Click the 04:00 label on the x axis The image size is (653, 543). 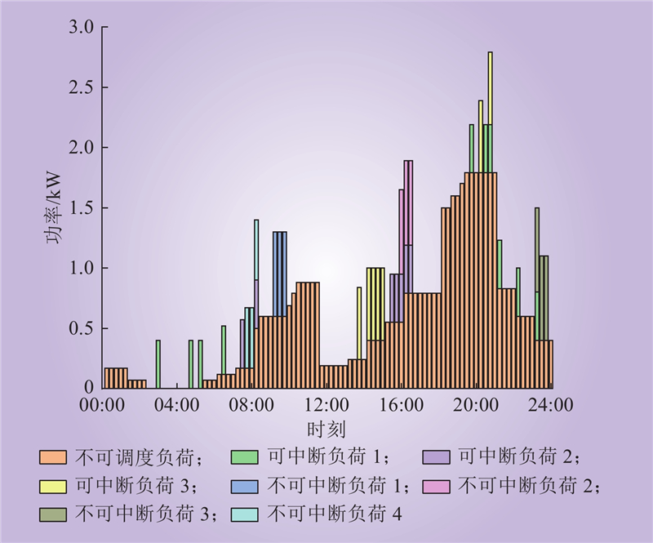coord(176,405)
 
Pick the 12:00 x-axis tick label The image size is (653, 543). coord(326,405)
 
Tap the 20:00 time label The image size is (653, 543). coord(476,405)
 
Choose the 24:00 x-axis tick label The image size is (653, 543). coord(550,405)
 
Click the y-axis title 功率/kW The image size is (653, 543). coord(54,208)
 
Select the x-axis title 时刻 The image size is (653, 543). coord(326,430)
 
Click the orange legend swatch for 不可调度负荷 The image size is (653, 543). coord(53,457)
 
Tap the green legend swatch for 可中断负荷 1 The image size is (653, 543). coord(244,457)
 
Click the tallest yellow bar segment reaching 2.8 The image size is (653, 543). coord(491,88)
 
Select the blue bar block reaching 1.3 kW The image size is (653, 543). coord(280,274)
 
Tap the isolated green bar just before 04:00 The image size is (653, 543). coord(158,364)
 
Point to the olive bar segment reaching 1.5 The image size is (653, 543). coord(537,250)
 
